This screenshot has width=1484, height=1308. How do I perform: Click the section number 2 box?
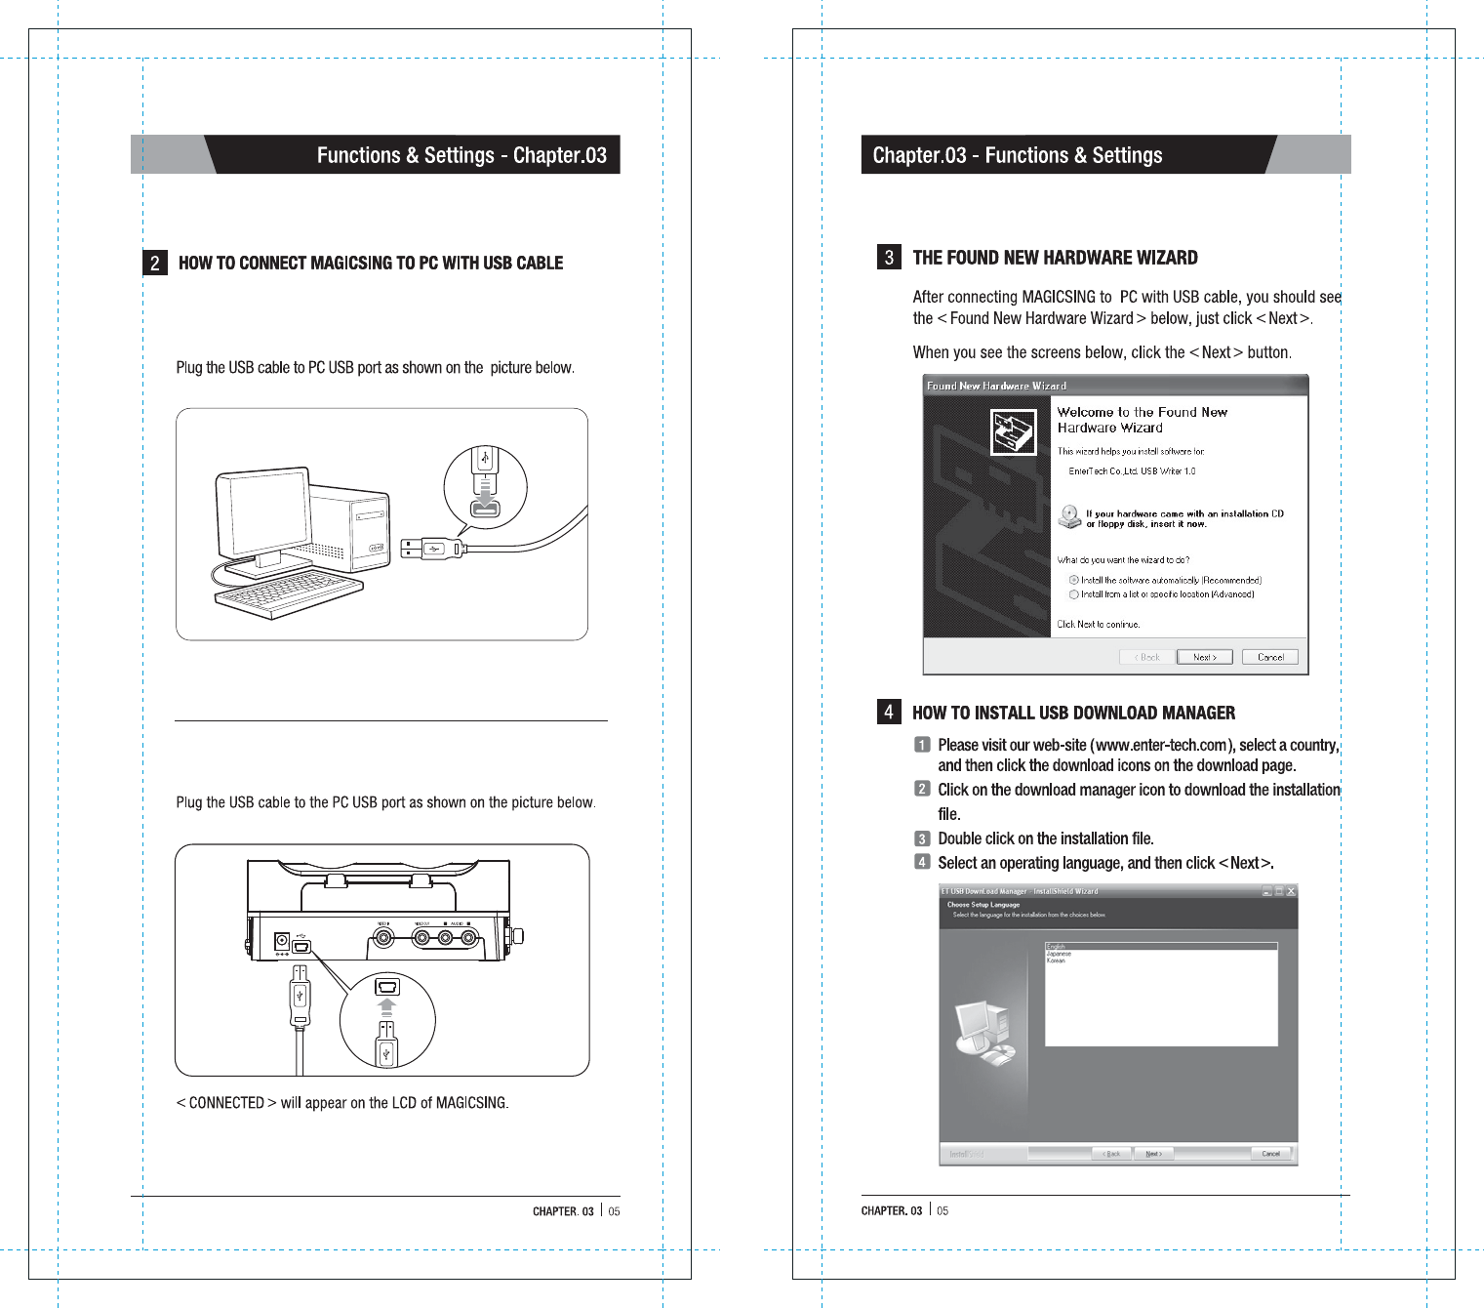point(154,263)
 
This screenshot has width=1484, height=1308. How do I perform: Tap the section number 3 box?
point(888,257)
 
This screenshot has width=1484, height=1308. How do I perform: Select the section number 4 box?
point(888,712)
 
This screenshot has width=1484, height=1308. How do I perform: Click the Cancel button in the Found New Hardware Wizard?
point(1270,657)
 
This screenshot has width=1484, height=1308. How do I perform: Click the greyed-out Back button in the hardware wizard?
point(1147,657)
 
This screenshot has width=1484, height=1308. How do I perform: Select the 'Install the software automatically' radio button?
point(1073,580)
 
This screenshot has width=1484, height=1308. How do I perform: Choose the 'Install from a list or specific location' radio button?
point(1073,593)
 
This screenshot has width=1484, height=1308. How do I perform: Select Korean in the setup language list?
point(1057,961)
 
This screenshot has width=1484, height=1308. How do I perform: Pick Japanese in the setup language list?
point(1059,954)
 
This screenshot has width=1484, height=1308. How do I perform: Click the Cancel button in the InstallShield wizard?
point(1270,1154)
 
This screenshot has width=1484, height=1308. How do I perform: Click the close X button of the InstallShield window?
point(1291,891)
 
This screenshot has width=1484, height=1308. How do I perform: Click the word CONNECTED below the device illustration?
point(226,1103)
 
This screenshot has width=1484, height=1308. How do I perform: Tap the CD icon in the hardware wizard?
point(1070,516)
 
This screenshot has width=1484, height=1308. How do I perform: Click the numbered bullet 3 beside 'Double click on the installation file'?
point(922,838)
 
